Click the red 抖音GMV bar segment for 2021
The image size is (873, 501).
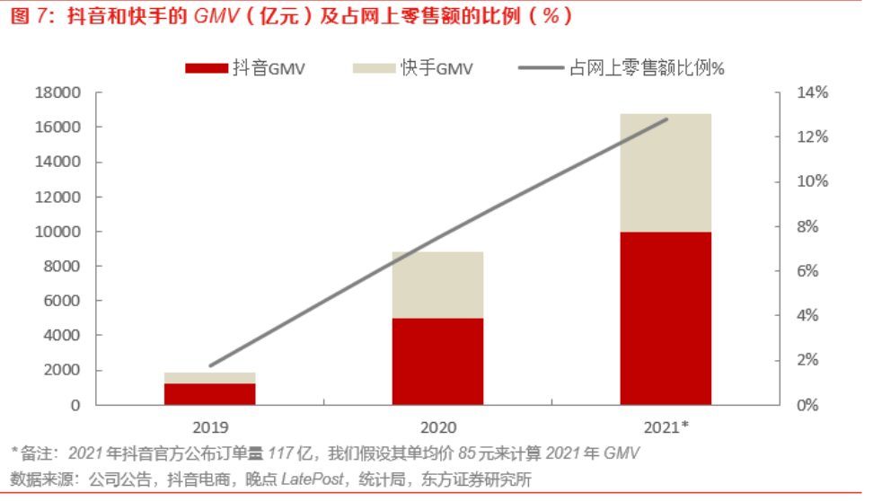pyautogui.click(x=666, y=318)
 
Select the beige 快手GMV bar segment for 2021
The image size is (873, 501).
pyautogui.click(x=666, y=173)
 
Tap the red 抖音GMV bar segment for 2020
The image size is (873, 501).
pyautogui.click(x=437, y=361)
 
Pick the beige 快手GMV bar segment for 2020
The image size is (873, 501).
pyautogui.click(x=437, y=285)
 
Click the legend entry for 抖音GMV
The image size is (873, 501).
pyautogui.click(x=244, y=68)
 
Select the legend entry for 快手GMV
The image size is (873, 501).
pyautogui.click(x=412, y=68)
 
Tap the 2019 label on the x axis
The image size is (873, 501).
pyautogui.click(x=210, y=426)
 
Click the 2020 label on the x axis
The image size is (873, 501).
pyautogui.click(x=437, y=426)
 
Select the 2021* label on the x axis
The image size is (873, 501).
pyautogui.click(x=666, y=426)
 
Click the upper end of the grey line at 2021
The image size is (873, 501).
pyautogui.click(x=667, y=119)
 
